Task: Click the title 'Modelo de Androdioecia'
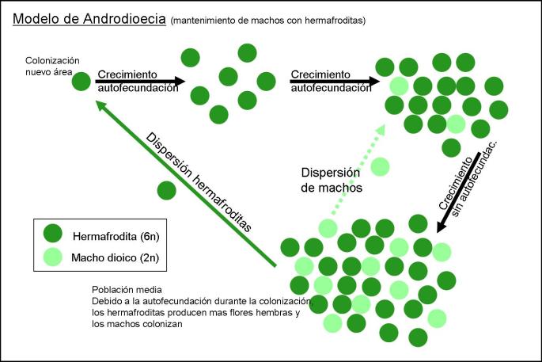coord(89,20)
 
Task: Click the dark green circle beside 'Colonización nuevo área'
coord(81,81)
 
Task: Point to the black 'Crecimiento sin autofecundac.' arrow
coord(459,191)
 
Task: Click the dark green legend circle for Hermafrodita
coord(52,234)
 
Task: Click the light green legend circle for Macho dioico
coord(52,255)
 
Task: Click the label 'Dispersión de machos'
coord(332,181)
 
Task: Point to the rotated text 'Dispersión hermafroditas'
coord(199,179)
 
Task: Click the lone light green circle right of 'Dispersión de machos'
coord(381,167)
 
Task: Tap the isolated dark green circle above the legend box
coord(166,190)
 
